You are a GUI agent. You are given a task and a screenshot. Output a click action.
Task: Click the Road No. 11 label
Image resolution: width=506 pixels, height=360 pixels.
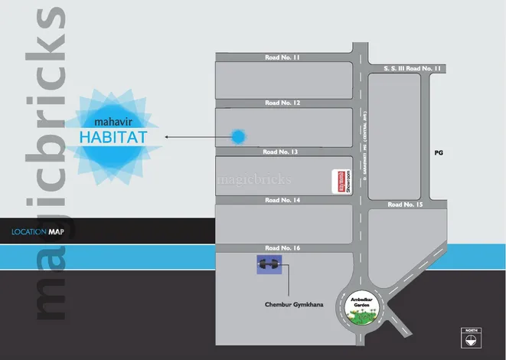tap(283, 57)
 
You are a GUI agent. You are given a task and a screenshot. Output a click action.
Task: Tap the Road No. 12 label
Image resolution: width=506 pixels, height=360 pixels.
tap(283, 103)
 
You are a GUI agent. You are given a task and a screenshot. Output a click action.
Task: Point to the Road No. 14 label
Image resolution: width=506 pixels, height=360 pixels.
tap(283, 200)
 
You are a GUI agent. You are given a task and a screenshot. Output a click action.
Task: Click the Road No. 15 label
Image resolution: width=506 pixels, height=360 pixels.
tap(405, 205)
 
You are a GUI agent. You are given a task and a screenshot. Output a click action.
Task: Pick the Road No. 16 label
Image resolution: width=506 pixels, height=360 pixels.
tap(283, 248)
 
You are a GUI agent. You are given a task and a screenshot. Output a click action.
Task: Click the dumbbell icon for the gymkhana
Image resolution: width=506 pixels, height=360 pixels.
tap(268, 264)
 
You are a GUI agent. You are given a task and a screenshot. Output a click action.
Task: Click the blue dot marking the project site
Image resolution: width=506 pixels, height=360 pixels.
tap(239, 137)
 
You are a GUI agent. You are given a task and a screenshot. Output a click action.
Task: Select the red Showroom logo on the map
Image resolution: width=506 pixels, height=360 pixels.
tap(335, 182)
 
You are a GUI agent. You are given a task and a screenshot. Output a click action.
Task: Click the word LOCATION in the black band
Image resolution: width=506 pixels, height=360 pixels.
tap(28, 231)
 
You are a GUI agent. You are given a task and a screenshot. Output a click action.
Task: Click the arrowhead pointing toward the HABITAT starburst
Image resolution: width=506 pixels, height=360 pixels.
tap(168, 138)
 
